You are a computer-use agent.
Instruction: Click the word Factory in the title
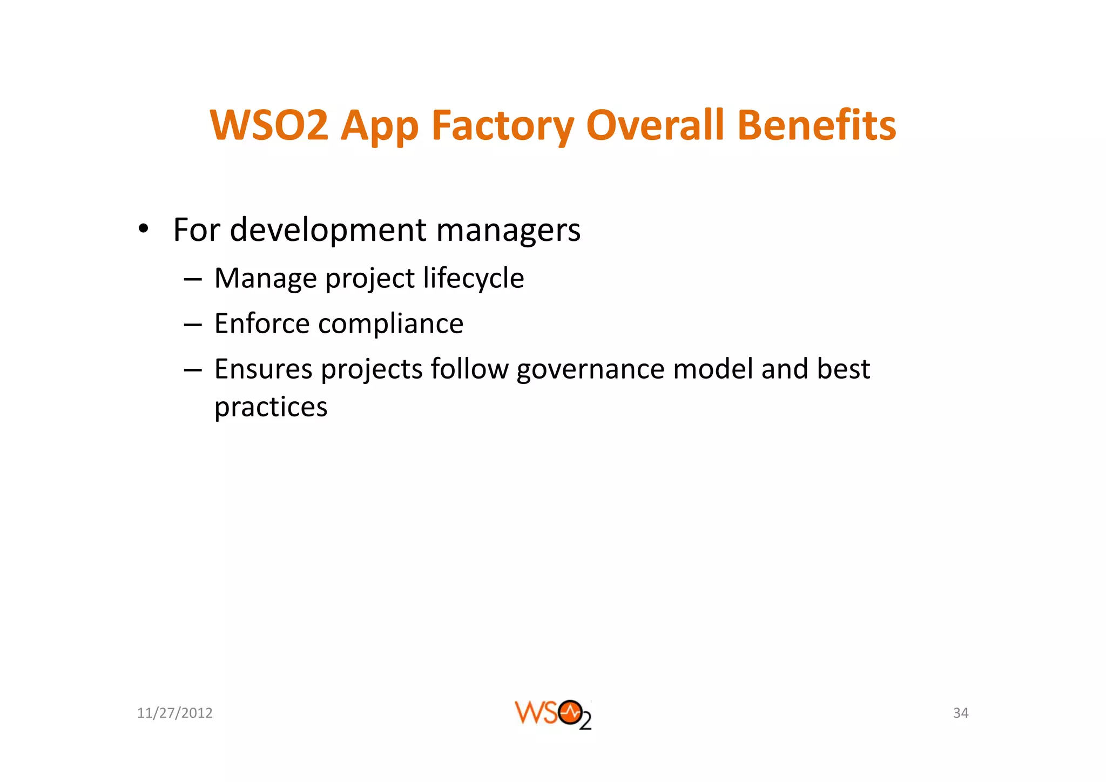point(502,126)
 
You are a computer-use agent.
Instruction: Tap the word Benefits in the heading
point(816,125)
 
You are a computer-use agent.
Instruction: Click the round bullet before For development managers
point(143,228)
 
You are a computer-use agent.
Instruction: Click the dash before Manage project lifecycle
point(193,279)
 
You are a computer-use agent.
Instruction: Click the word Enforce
point(262,324)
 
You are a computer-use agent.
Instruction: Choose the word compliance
point(391,325)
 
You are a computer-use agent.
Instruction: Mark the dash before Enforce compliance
point(193,325)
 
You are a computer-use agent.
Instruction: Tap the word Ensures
point(264,369)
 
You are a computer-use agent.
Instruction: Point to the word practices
point(271,407)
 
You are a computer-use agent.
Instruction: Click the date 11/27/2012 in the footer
point(175,713)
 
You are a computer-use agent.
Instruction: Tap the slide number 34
point(961,713)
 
